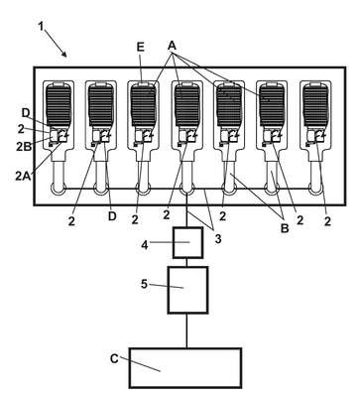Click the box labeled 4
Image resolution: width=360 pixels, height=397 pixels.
[x=187, y=242]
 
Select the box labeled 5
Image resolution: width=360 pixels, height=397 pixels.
[x=187, y=290]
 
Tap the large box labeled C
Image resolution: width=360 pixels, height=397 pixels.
[x=185, y=368]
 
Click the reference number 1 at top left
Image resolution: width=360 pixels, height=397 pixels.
[x=41, y=26]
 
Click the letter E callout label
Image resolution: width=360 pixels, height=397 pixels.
[x=140, y=48]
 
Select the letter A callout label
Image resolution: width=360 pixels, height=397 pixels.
[x=172, y=46]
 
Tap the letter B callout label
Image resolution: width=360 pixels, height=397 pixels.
[x=285, y=228]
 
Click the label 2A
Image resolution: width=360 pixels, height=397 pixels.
[x=23, y=176]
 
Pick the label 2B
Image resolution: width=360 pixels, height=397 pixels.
[x=24, y=146]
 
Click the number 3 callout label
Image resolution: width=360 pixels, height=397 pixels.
[x=218, y=239]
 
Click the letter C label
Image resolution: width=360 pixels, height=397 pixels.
[x=114, y=358]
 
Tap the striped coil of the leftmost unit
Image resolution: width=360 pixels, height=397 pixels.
[x=59, y=105]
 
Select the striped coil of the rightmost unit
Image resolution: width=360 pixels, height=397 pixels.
[x=315, y=105]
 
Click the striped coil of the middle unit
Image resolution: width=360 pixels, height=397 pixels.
[x=187, y=105]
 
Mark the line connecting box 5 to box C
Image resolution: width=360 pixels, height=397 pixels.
[x=186, y=331]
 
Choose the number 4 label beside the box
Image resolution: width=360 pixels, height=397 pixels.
[x=145, y=245]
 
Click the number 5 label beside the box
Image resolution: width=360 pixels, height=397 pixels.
[x=144, y=284]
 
